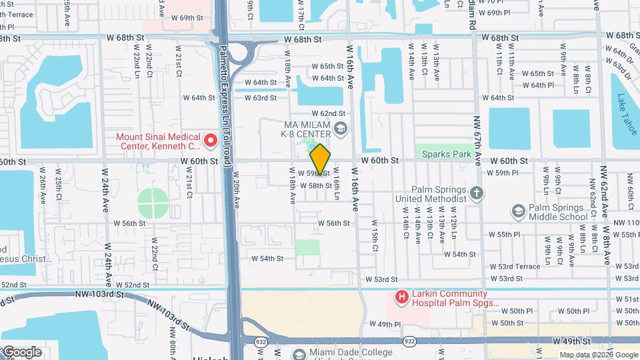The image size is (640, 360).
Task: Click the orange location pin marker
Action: [321, 159]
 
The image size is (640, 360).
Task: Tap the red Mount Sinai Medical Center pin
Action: [211, 140]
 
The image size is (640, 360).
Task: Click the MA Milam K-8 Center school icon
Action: [340, 128]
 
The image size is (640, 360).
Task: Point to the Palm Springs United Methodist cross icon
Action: [476, 193]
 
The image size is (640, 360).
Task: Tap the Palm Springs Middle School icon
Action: [518, 211]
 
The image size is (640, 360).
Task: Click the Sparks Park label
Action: [447, 154]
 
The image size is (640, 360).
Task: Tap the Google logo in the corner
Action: [21, 352]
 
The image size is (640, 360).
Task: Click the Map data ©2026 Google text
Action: [599, 355]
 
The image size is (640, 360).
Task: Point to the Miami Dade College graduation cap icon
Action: [299, 352]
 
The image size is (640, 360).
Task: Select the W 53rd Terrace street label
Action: [519, 267]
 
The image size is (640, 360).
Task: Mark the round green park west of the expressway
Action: [153, 202]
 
